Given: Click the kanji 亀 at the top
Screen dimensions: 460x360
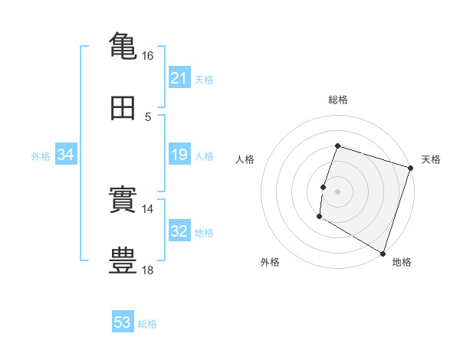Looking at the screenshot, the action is [x=123, y=46].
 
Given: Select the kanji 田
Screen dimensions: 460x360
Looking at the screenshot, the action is [x=123, y=108].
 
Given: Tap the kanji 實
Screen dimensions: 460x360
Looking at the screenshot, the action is [x=123, y=198].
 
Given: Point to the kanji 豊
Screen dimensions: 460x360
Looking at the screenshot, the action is [x=123, y=260].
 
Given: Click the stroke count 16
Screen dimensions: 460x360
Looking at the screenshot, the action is [x=147, y=56].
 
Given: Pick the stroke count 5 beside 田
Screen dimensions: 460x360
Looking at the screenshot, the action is [x=148, y=117].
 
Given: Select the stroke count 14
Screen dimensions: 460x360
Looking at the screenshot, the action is [x=147, y=209].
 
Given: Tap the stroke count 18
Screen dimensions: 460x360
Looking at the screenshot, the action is [x=147, y=270].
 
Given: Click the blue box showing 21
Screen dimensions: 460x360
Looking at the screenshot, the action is [x=179, y=77].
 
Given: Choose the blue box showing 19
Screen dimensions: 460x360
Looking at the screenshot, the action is [x=179, y=154].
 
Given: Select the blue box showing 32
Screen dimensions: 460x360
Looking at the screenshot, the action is [x=179, y=230].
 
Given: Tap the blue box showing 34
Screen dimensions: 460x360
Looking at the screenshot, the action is [x=66, y=154].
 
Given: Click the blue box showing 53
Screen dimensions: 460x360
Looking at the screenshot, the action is [x=123, y=321].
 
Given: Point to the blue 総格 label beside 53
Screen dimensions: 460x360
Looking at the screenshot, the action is [x=147, y=324].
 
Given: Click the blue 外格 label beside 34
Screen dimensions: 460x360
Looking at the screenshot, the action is [x=41, y=156].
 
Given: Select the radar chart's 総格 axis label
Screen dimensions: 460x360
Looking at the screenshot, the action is [x=338, y=100].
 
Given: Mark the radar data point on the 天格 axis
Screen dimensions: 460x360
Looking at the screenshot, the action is [x=410, y=168].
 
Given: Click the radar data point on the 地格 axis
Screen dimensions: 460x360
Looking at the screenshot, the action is [x=383, y=254].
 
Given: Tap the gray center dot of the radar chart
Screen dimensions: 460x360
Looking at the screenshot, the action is [x=337, y=191].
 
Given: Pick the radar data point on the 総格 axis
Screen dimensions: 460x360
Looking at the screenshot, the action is [x=337, y=146].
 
